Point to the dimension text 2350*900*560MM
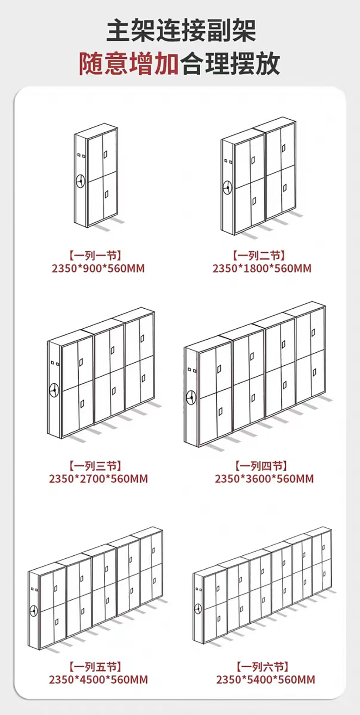98,269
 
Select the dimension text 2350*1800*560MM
262,269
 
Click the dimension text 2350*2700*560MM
98,479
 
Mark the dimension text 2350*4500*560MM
98,679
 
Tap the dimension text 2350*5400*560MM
265,679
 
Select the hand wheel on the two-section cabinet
227,186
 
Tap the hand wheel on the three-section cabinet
54,389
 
